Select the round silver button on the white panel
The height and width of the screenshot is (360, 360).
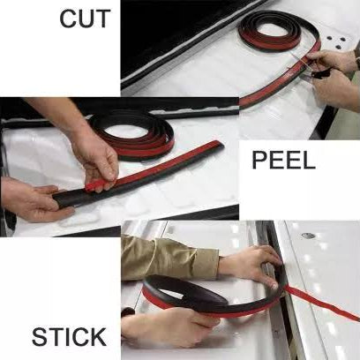click(308, 236)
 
